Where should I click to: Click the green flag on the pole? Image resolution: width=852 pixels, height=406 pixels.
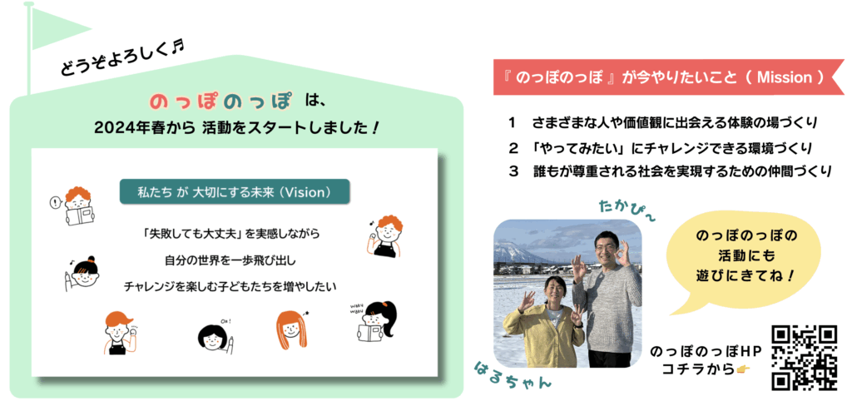[54, 27]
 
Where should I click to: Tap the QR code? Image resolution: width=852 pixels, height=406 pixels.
[805, 357]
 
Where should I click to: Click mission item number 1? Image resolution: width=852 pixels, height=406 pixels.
[663, 123]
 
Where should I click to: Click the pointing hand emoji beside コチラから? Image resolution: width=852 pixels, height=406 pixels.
[741, 369]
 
